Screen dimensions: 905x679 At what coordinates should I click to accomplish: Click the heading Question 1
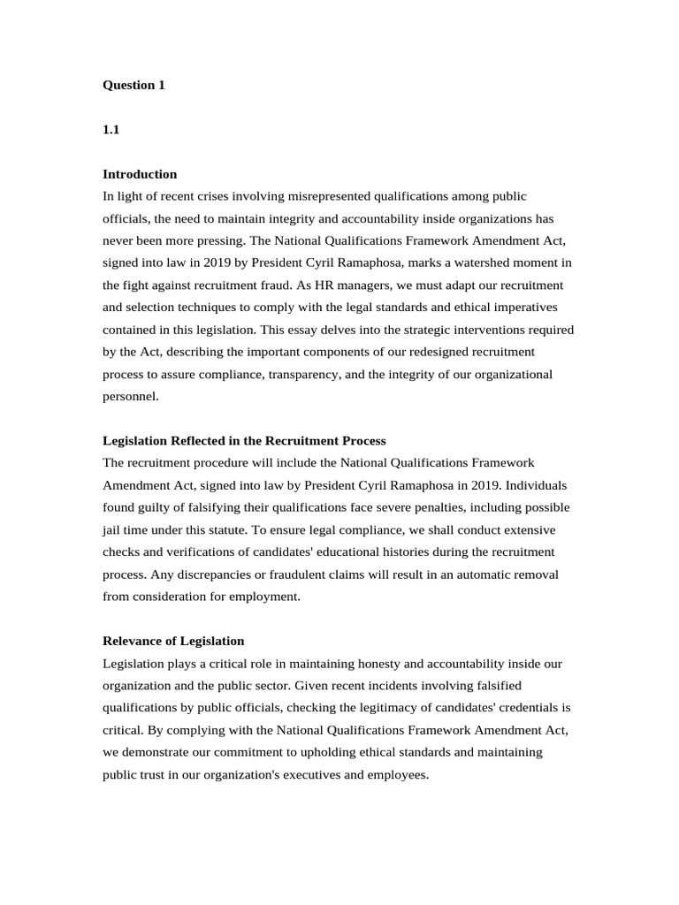pos(134,85)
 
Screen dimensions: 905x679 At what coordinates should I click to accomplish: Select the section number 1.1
pos(111,129)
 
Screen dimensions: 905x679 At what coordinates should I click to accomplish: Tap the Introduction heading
pos(140,174)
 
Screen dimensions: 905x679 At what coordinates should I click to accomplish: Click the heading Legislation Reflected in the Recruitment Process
pos(244,440)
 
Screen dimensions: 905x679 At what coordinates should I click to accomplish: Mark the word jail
pos(114,529)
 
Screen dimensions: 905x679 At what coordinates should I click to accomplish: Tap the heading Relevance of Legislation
pos(173,640)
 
